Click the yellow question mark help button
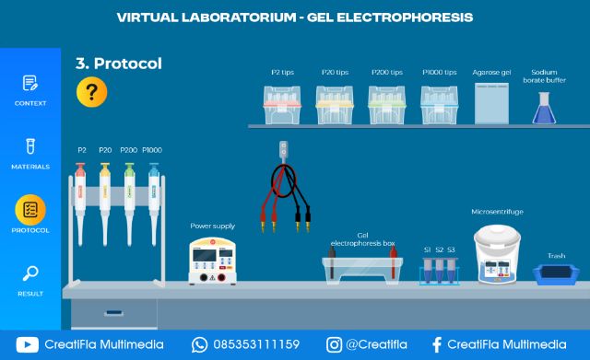pyautogui.click(x=91, y=92)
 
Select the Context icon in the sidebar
pyautogui.click(x=29, y=84)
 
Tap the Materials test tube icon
pyautogui.click(x=29, y=147)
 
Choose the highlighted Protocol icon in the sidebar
pyautogui.click(x=30, y=210)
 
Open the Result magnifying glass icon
pyautogui.click(x=29, y=273)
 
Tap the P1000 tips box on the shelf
pyautogui.click(x=439, y=104)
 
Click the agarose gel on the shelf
pyautogui.click(x=491, y=102)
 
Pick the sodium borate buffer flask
pyautogui.click(x=544, y=108)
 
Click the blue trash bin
pyautogui.click(x=555, y=273)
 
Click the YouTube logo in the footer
pyautogui.click(x=28, y=345)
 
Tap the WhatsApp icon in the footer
pyautogui.click(x=200, y=345)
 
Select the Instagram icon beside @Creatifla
pyautogui.click(x=334, y=345)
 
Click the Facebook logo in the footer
pyautogui.click(x=437, y=345)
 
